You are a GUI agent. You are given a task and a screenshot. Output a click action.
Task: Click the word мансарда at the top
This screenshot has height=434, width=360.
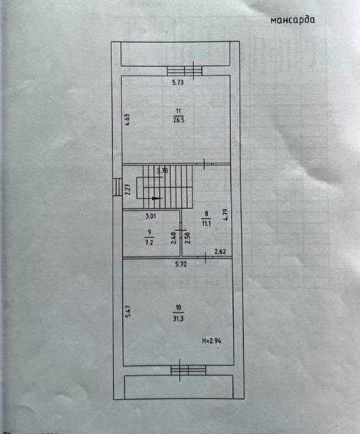(293, 19)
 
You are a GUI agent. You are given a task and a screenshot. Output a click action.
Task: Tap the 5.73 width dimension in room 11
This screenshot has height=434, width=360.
(178, 83)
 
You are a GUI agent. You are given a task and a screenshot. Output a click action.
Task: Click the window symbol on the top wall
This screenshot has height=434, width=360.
(185, 70)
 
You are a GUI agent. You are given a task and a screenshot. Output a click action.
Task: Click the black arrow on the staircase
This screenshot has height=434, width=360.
(156, 199)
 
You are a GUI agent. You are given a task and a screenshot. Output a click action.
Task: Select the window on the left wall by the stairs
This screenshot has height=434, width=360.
(117, 188)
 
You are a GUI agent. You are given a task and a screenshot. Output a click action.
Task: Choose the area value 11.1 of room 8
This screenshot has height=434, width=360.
(205, 222)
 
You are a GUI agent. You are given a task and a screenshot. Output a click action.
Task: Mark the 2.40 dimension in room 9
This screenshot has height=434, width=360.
(173, 238)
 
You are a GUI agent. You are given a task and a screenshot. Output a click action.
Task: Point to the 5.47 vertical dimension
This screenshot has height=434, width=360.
(127, 312)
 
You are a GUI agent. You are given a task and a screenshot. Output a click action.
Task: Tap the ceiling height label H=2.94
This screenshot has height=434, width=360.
(211, 341)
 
